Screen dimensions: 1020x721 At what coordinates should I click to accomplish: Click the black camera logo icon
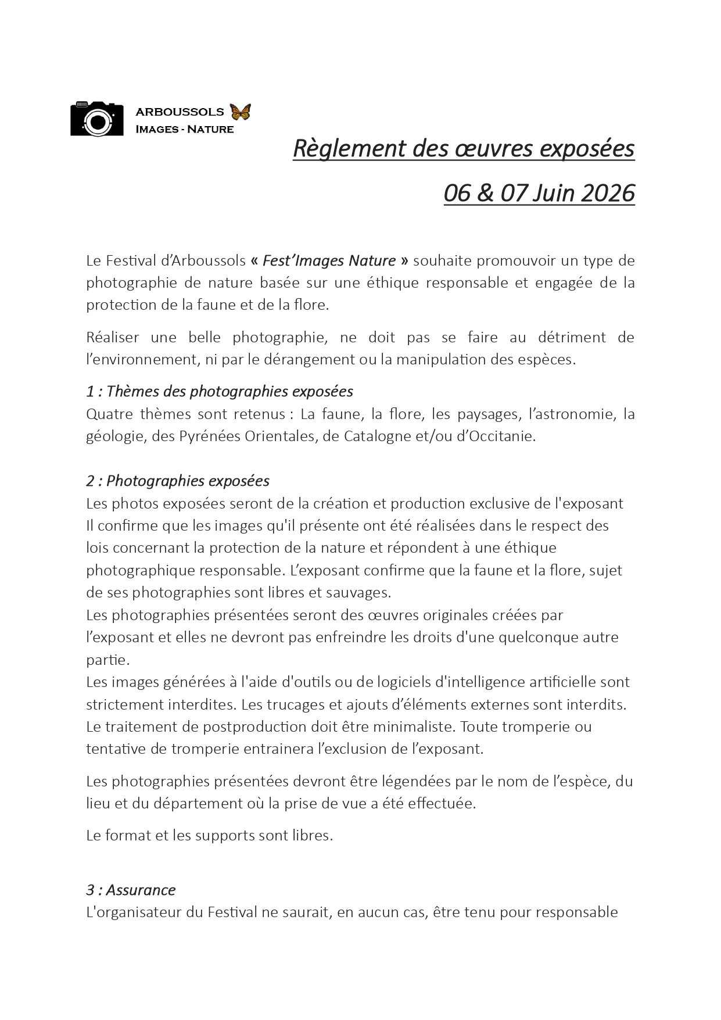[x=96, y=119]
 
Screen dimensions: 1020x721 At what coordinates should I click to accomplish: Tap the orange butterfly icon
[x=240, y=112]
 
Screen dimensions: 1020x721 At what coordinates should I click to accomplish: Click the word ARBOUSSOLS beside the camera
[x=180, y=112]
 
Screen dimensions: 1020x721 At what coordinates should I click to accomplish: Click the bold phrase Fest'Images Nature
[x=329, y=260]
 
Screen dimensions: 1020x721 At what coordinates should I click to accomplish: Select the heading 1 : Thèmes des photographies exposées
[x=220, y=391]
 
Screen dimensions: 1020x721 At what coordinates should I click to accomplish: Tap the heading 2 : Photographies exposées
[x=178, y=481]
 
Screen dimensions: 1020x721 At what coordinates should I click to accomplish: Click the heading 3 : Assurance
[x=131, y=890]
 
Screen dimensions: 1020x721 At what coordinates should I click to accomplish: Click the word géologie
[x=114, y=436]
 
